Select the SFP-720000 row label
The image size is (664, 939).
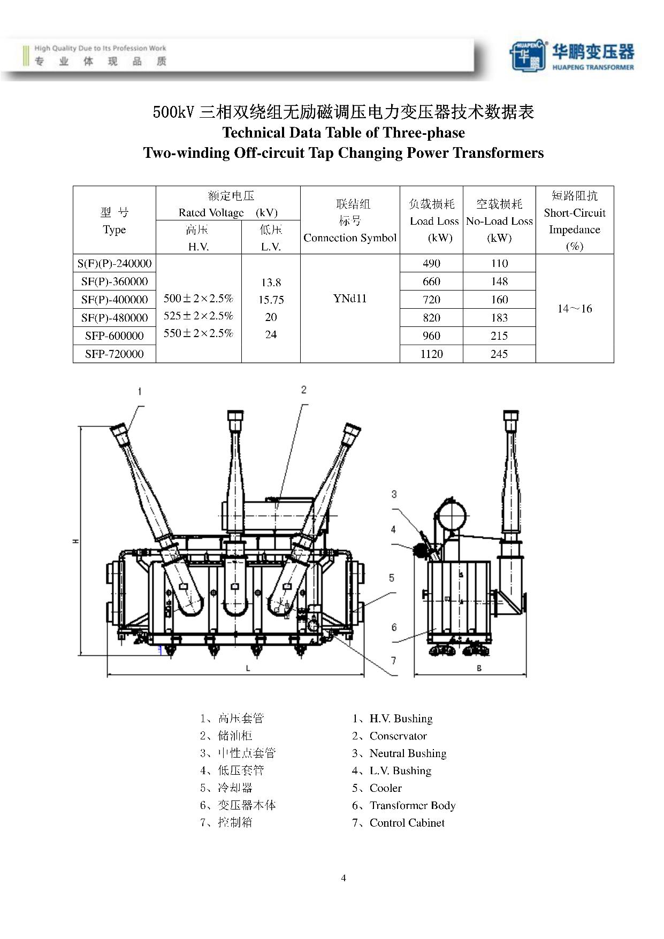coord(114,354)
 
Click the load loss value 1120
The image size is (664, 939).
coord(431,354)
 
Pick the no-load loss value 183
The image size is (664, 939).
coord(499,317)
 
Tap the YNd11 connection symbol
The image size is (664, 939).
coord(350,299)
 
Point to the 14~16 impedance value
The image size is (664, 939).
coord(575,309)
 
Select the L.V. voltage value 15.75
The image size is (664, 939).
coord(271,300)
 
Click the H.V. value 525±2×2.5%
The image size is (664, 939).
coord(199,316)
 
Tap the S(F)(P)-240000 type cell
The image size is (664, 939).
coord(115,263)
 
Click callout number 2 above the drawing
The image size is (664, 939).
coord(304,390)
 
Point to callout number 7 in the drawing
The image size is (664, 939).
coord(393,661)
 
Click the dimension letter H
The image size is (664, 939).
coord(76,541)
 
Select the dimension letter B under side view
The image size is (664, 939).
coord(479,668)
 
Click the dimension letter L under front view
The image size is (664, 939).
coord(248,668)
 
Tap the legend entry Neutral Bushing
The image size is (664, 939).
coord(408,753)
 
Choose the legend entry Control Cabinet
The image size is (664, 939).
coord(407,823)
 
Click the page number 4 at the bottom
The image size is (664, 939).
coord(344,878)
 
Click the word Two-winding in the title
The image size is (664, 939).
coord(186,153)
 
